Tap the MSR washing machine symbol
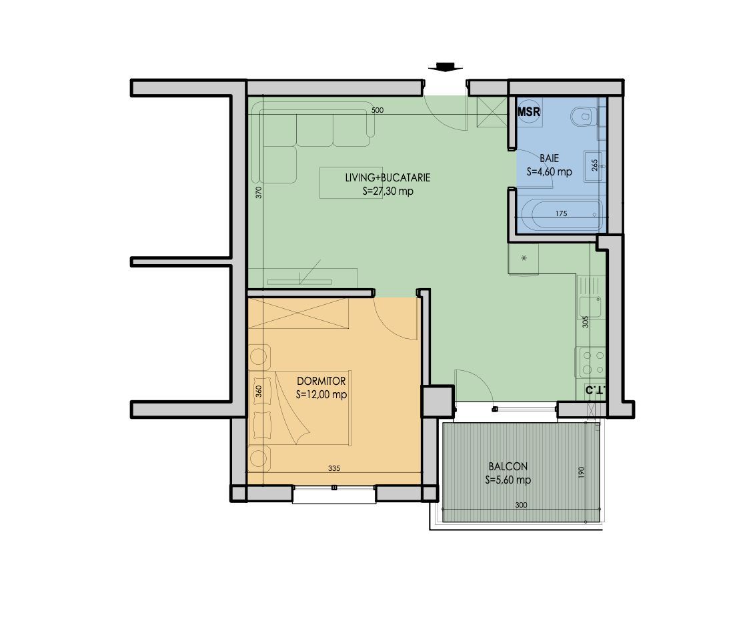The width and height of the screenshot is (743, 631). click(529, 111)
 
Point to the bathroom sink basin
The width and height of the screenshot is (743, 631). click(594, 164)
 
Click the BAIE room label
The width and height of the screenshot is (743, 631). click(549, 159)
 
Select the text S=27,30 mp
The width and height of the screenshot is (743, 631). click(388, 191)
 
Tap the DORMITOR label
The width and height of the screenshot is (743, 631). click(321, 381)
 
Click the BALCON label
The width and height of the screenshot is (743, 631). click(508, 467)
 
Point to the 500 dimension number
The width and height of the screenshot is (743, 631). click(377, 111)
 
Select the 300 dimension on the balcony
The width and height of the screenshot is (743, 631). click(521, 506)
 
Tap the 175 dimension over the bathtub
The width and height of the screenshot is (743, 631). click(560, 213)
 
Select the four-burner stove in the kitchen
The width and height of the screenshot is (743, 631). click(590, 362)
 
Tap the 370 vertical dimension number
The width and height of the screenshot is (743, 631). click(259, 193)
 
